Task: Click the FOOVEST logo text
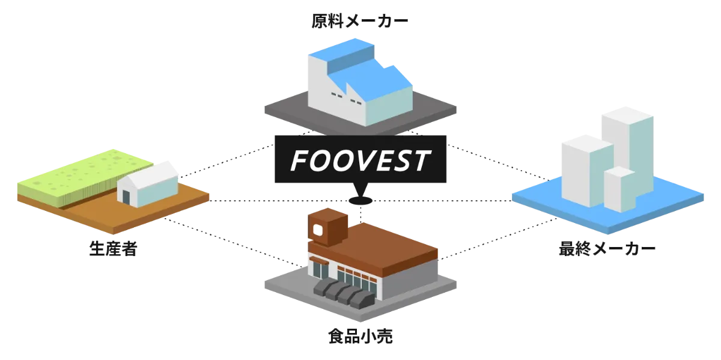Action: click(x=360, y=160)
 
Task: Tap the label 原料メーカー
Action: click(x=359, y=22)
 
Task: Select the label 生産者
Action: click(x=113, y=248)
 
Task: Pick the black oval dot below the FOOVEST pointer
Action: click(x=360, y=200)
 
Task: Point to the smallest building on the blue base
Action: click(x=619, y=189)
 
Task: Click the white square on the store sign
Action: click(x=317, y=228)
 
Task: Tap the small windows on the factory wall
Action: click(x=338, y=95)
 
